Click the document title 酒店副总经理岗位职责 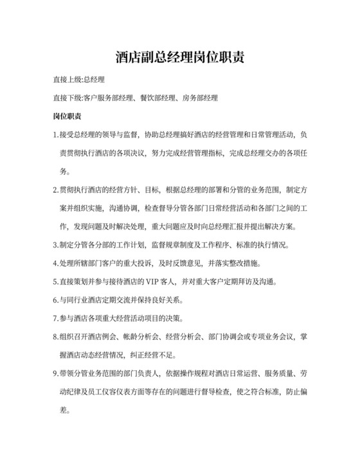click(179, 58)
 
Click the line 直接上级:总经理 click(78, 80)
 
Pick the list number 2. click(55, 190)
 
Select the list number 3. click(55, 245)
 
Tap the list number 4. click(55, 264)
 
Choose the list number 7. click(55, 318)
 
